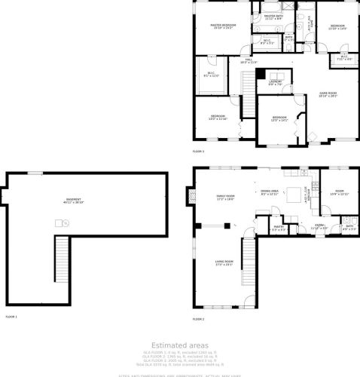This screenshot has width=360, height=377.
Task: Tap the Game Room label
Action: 327,94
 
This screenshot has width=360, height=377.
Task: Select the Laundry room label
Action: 275,83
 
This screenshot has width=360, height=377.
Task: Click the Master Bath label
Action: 273,16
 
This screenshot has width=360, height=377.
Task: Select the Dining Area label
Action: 270,193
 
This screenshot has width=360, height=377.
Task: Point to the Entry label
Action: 319,226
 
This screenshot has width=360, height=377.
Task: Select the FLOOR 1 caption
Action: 11,317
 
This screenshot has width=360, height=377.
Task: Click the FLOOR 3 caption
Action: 198,152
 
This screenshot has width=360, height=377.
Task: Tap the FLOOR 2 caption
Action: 198,318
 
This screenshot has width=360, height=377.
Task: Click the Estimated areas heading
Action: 179,345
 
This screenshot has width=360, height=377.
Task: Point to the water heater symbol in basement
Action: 64,222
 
